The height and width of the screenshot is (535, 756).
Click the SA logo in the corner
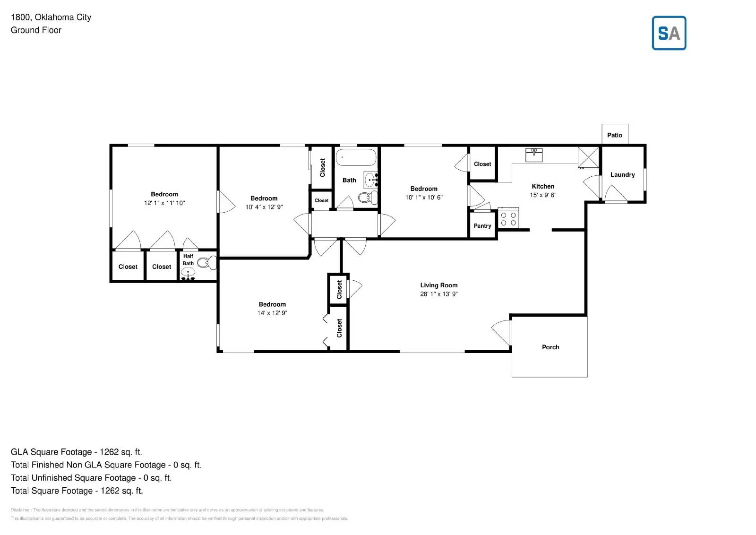669,33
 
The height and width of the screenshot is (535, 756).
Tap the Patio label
614,135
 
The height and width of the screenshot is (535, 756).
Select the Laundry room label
622,175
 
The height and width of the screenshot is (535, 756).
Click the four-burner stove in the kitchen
508,219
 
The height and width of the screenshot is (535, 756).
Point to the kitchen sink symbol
534,155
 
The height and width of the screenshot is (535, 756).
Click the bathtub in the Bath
356,157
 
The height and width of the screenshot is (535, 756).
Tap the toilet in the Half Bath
206,263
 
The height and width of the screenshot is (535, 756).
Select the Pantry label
482,226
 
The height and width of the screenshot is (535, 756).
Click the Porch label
550,347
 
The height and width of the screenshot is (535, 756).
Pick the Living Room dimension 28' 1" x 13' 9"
438,294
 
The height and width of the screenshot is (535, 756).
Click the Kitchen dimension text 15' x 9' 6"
543,195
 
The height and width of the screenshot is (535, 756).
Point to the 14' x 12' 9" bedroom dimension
272,313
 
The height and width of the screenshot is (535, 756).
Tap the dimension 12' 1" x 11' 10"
164,203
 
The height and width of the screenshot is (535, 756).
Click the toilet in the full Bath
367,197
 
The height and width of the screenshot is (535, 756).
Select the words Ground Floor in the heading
36,30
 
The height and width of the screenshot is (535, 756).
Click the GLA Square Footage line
76,452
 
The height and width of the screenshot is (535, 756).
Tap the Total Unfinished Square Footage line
91,478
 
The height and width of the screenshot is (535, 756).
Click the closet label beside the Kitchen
482,164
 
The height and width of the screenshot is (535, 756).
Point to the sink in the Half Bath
188,273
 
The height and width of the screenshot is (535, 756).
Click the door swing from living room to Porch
502,330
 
